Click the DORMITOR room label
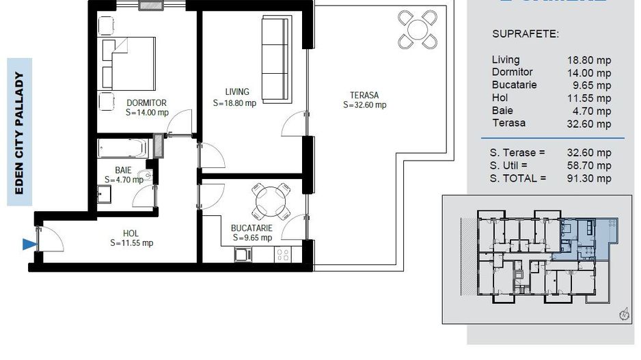point(146,103)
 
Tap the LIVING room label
point(238,92)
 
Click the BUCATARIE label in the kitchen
point(252,227)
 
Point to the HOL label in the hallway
point(131,232)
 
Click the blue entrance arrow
point(28,244)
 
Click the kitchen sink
point(243,255)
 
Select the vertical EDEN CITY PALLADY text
point(20,134)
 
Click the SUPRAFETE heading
point(526,33)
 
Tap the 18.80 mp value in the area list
point(588,60)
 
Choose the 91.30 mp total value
point(588,178)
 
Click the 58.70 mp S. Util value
point(588,165)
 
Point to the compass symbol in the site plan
point(623,315)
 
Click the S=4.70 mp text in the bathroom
point(124,180)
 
